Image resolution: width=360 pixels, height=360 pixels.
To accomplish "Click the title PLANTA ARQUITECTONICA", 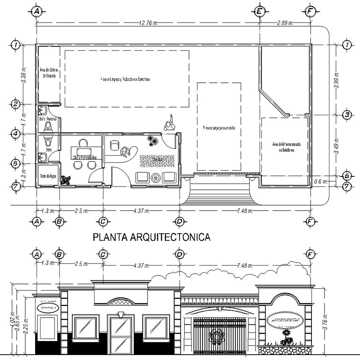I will click(x=152, y=237).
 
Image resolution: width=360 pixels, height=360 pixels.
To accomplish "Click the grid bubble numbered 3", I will click(x=347, y=115).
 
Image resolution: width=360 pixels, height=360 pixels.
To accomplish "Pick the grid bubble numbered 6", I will click(x=347, y=176).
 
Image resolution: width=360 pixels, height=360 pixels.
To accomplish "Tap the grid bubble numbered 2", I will click(x=16, y=104).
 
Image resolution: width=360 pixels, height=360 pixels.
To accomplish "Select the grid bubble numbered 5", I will click(x=16, y=164).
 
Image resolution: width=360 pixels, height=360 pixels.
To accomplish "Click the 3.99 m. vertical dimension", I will click(x=337, y=80).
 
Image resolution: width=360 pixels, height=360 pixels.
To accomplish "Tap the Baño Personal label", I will click(x=48, y=119).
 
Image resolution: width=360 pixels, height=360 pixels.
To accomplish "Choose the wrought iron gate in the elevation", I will click(x=219, y=336).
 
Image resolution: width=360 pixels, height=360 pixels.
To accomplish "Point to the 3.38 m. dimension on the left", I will click(x=25, y=74).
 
